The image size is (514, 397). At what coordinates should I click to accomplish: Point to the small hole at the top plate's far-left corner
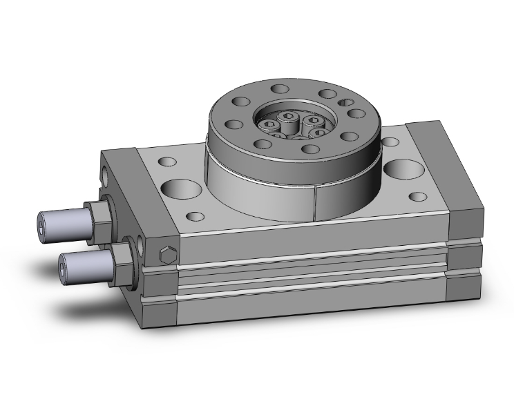tap(167, 162)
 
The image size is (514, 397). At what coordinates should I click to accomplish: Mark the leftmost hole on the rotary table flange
tap(233, 125)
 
